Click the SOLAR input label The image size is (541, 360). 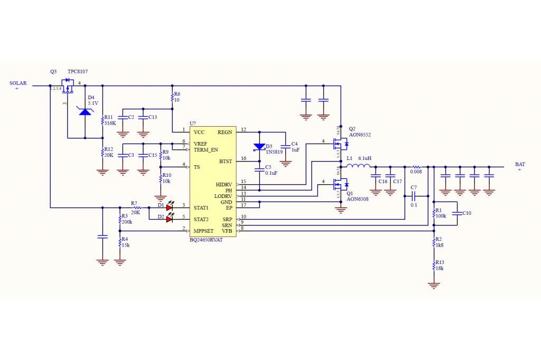coord(18,83)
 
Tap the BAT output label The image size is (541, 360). coord(520,164)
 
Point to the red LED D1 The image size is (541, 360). coord(170,207)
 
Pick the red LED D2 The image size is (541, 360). coord(170,219)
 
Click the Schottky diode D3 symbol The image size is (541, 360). coord(259,147)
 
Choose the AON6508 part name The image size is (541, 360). coord(357,200)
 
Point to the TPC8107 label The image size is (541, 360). coord(78,71)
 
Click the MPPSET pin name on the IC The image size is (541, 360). coord(203,231)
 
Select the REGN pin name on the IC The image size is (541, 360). coord(225,132)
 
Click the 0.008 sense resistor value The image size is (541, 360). coord(417,171)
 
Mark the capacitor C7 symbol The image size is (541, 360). coord(413,196)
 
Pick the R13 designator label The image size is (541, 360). coord(440,262)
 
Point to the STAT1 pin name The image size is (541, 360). coord(201,208)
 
